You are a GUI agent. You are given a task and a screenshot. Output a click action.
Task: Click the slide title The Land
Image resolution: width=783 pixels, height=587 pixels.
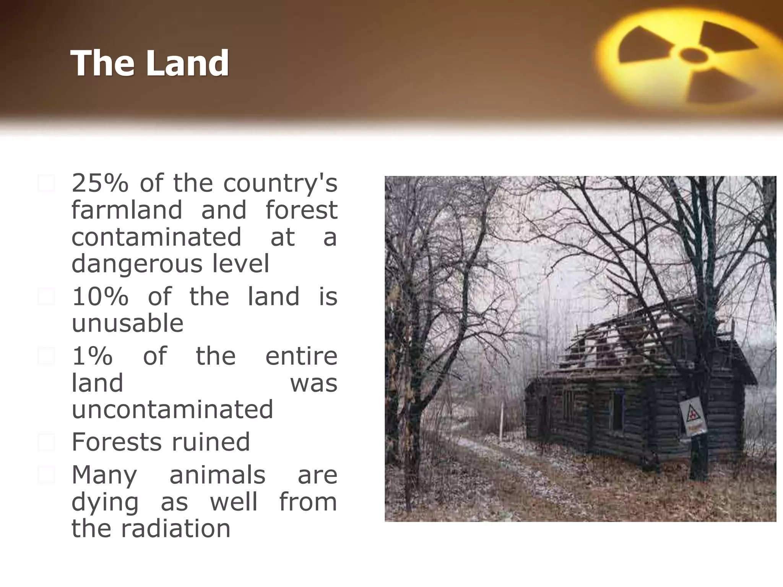coord(150,63)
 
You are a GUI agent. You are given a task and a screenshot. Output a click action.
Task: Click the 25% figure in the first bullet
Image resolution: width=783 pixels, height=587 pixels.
coord(99,183)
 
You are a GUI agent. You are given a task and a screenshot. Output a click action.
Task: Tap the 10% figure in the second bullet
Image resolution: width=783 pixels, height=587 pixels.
coord(100,297)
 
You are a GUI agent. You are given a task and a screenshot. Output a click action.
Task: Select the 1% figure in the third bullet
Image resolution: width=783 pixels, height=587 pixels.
coord(92,356)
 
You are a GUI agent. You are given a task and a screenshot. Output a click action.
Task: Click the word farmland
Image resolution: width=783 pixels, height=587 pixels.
coord(127,210)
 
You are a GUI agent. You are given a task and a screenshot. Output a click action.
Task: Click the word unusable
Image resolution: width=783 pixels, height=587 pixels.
coord(127,323)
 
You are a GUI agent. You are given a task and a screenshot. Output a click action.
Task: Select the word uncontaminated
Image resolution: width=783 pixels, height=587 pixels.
coord(172,409)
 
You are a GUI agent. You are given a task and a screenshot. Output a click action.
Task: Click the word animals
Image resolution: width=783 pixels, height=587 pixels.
coord(217,475)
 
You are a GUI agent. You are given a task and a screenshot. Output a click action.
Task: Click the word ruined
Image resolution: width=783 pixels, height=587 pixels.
coord(211,442)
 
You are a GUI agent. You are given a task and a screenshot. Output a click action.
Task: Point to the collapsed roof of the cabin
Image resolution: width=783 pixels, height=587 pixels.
coord(631,340)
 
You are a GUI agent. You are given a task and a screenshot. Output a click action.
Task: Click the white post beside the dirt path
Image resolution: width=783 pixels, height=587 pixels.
coord(501,420)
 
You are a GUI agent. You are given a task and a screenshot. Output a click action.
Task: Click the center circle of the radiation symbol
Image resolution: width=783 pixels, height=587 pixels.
coord(694,56)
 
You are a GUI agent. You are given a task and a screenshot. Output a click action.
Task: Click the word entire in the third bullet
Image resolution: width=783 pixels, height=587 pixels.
coord(301,356)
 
